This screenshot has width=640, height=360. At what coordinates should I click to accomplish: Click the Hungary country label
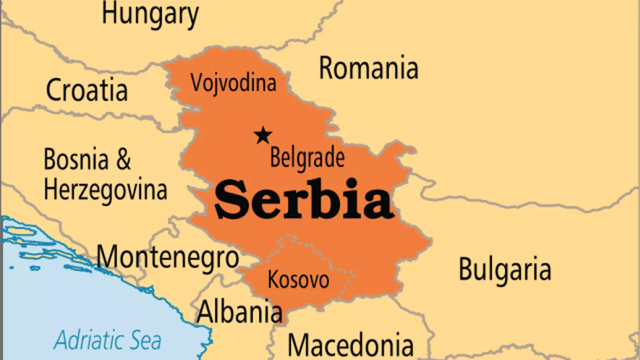point(150,14)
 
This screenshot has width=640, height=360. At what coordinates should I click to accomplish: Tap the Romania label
point(368,68)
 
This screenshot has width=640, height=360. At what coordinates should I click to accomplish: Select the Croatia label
point(87,90)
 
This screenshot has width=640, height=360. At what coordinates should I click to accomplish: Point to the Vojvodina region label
point(233,83)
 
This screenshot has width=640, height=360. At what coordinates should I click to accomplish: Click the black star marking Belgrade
point(263,135)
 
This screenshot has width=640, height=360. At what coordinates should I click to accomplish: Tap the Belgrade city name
point(307,158)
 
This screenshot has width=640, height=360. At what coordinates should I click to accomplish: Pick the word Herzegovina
point(105,190)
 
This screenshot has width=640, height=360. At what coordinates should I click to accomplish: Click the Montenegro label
point(168,257)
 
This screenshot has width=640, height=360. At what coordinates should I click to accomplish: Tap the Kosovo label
point(298,280)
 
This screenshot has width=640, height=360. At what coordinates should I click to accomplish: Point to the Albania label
point(239,311)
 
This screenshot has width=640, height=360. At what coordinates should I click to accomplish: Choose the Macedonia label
point(350,345)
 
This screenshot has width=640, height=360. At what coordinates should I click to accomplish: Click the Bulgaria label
point(504,270)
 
